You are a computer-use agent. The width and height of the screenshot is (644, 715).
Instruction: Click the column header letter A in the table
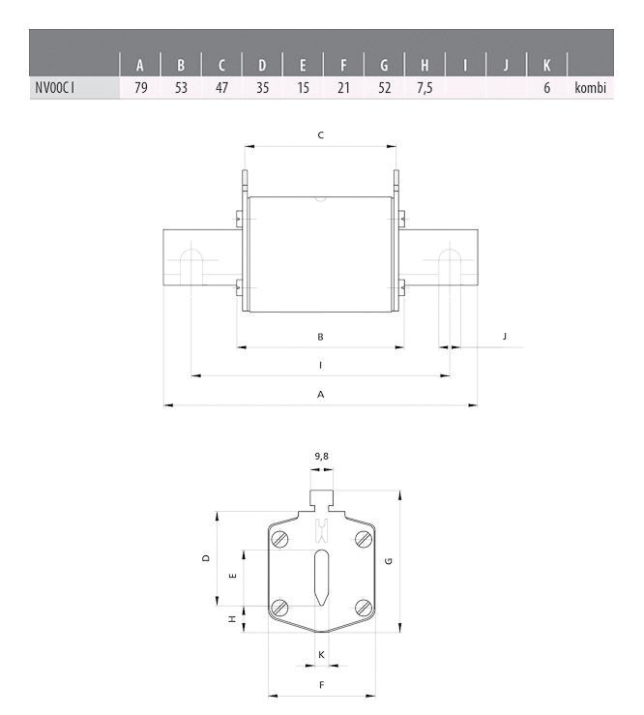(x=140, y=66)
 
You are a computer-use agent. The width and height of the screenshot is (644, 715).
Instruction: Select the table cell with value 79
(x=140, y=88)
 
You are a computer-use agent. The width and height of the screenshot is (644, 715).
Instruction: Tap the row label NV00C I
(x=55, y=88)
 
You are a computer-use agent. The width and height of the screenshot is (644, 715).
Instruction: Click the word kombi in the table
(x=589, y=88)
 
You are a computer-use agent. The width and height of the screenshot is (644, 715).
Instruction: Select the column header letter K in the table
(x=546, y=66)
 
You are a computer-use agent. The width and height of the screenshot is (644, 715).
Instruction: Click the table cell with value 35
(x=262, y=88)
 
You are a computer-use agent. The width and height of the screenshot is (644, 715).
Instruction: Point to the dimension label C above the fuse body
(x=320, y=135)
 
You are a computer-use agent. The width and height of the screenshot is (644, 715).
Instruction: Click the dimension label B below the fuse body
(x=320, y=336)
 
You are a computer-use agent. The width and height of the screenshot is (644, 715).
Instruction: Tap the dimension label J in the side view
(x=505, y=336)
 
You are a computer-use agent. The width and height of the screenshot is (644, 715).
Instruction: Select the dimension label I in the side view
(x=320, y=365)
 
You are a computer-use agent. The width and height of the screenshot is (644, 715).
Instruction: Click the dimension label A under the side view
(x=320, y=394)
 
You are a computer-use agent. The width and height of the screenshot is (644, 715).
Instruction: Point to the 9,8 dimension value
(x=321, y=454)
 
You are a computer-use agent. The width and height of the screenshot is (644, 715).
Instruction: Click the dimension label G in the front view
(x=388, y=561)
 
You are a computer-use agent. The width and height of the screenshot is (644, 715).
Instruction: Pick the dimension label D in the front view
(x=205, y=558)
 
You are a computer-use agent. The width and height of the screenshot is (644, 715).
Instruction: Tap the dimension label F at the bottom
(x=321, y=684)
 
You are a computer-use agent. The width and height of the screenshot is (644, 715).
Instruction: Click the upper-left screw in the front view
(x=280, y=539)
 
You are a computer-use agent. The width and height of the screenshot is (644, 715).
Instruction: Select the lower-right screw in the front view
(x=363, y=607)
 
